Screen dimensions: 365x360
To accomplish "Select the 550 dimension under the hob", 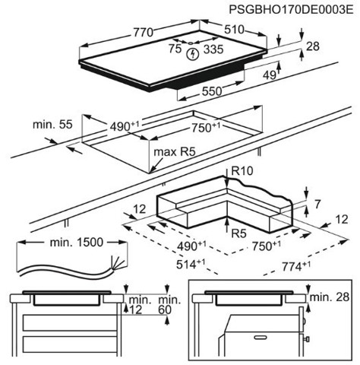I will click(212, 90).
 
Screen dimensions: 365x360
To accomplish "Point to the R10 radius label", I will click(242, 171).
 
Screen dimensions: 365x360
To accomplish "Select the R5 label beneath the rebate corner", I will click(238, 232).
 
